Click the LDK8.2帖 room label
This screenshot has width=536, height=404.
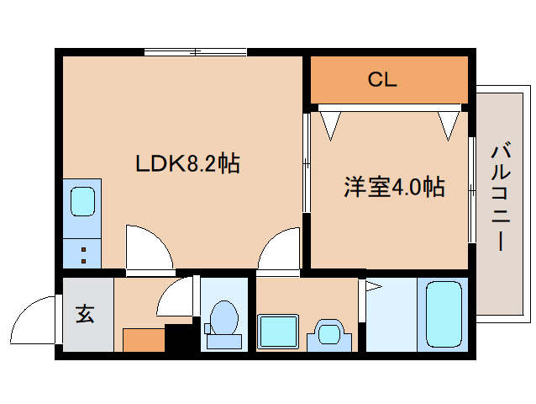tap(188, 163)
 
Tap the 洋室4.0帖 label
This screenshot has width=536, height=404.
tap(393, 187)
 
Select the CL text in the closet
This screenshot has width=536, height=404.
tap(381, 81)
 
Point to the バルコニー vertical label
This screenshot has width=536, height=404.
tap(501, 197)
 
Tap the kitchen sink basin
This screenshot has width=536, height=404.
tap(82, 202)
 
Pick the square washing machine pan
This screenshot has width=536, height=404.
tap(278, 332)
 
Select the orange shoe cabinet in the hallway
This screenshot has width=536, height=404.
tap(143, 340)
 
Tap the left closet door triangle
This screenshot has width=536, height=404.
tap(329, 125)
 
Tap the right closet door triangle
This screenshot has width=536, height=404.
tap(449, 125)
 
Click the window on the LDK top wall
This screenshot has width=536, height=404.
tap(195, 52)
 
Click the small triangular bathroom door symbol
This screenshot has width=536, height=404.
tap(372, 288)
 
